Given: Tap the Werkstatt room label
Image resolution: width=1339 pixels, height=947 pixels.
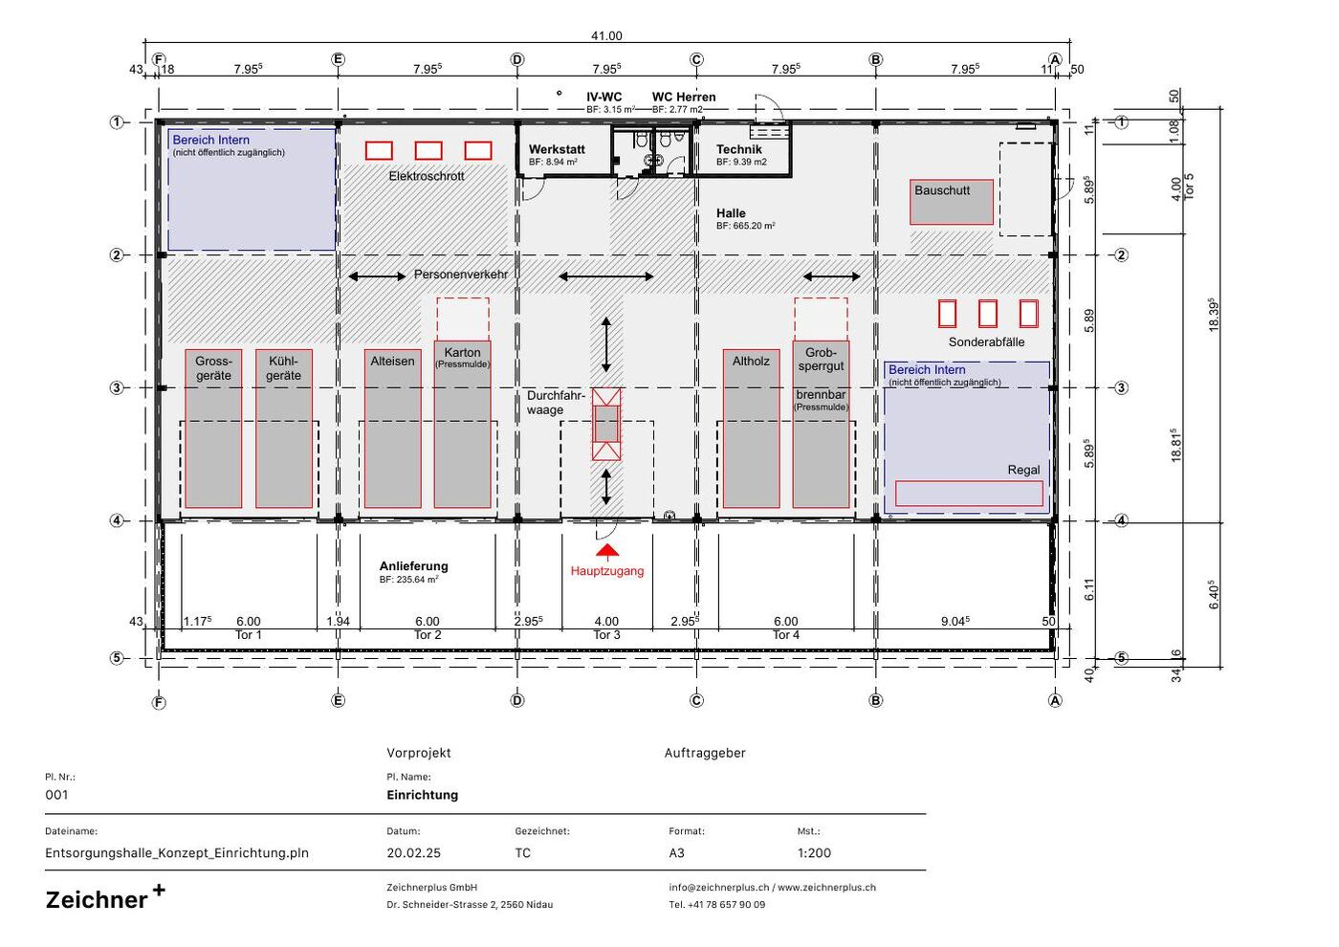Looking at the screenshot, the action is (x=557, y=149).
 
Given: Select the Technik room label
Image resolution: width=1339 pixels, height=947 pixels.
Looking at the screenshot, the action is (x=738, y=149).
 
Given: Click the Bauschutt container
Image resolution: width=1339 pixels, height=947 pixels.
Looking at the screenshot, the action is (x=951, y=202).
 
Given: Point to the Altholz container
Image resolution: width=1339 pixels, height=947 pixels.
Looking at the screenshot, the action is (x=751, y=429).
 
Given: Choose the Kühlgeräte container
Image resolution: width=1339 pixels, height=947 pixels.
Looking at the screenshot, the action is (x=284, y=429).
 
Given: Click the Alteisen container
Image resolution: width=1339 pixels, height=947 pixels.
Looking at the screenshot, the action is (x=393, y=429).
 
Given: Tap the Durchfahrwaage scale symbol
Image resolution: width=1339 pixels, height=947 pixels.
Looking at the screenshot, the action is (x=606, y=424).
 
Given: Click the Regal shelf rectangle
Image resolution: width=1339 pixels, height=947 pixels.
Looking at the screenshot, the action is (x=969, y=494).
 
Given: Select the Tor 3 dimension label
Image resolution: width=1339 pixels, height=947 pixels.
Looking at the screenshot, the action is (x=606, y=635).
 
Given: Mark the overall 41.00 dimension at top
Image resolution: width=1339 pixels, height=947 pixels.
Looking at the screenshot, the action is (x=606, y=36).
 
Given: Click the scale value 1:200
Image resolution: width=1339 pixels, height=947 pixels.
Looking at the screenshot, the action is (x=814, y=853).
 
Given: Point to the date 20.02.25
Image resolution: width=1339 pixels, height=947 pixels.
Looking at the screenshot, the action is (x=413, y=853).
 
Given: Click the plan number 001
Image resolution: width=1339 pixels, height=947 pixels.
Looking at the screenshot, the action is (x=56, y=795).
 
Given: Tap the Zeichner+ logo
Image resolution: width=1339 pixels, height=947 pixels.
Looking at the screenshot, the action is (x=105, y=898).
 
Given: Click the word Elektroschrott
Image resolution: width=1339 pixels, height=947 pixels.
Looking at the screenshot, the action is (x=427, y=176).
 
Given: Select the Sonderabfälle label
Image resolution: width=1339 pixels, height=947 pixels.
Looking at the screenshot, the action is (x=986, y=342).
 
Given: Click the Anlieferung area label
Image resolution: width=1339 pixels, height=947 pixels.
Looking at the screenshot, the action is (x=413, y=566).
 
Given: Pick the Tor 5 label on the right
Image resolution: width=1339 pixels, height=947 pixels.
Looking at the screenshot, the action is (x=1189, y=187).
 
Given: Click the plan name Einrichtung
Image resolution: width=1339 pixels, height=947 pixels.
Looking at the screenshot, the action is (x=423, y=795).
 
